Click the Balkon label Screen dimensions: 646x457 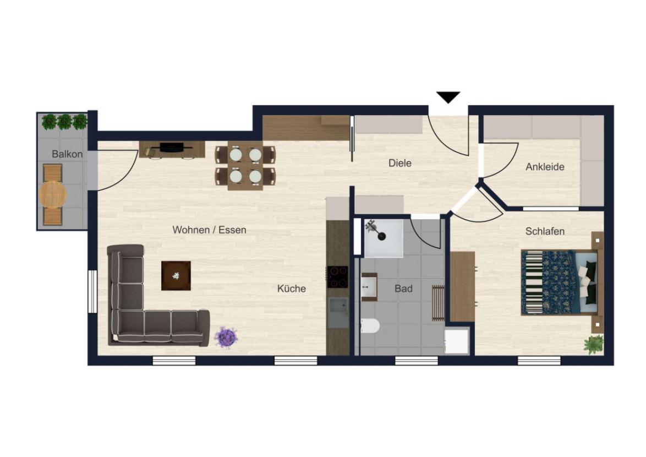[67, 154]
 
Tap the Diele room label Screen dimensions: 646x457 [399, 163]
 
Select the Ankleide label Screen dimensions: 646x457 [545, 167]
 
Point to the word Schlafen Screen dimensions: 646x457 [545, 232]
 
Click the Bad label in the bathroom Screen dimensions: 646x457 [403, 289]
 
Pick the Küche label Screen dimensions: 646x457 [291, 289]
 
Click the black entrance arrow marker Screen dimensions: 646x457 [448, 97]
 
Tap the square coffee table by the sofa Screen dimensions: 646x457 [176, 276]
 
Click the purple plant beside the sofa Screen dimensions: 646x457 [226, 338]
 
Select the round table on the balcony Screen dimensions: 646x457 [53, 194]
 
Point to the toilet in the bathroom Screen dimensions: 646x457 [370, 326]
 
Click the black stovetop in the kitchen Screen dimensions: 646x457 [337, 277]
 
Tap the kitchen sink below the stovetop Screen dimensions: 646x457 [338, 313]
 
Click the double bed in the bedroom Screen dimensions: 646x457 [559, 282]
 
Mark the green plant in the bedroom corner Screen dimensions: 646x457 [594, 345]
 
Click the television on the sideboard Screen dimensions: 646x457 [172, 147]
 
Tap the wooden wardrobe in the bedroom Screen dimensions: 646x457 [463, 286]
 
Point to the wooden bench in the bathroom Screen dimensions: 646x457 [438, 302]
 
